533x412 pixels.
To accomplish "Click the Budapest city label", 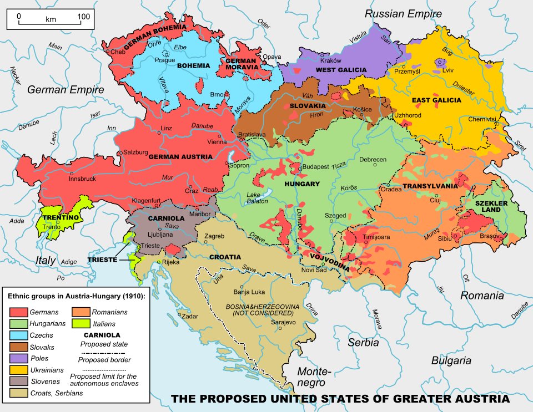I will (316, 166).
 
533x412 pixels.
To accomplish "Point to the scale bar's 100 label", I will (83, 17).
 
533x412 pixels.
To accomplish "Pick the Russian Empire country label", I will (404, 13).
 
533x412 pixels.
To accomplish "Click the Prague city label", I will (165, 60).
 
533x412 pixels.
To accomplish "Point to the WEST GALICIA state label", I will (341, 69).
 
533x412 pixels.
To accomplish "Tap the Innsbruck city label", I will (82, 179).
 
